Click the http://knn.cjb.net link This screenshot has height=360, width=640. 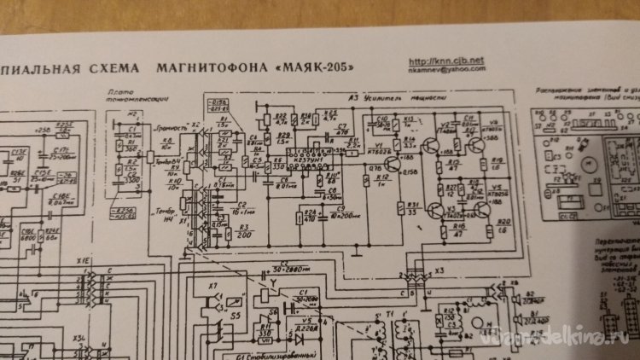446,61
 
